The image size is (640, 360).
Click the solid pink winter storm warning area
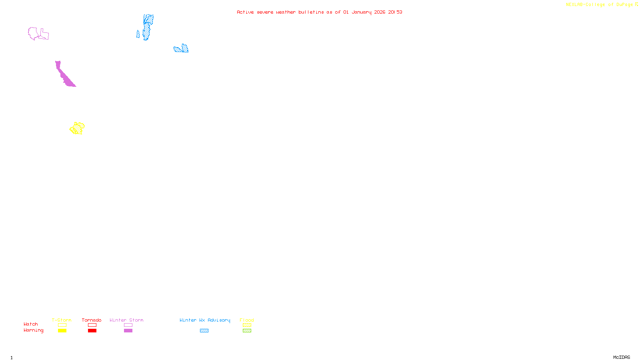64,75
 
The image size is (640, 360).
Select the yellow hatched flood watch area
77,128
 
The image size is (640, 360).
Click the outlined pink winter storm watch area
34,34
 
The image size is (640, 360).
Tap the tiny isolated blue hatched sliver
138,34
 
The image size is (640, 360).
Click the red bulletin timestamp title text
319,12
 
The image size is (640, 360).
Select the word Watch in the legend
31,324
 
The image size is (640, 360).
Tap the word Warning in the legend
33,330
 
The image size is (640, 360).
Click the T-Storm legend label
62,320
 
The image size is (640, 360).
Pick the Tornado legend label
92,320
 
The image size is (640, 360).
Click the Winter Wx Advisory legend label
205,320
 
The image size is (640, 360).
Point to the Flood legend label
247,320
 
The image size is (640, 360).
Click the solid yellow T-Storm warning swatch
62,331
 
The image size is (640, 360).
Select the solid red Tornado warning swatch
92,331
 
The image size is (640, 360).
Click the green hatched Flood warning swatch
247,331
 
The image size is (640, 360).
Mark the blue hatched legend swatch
204,331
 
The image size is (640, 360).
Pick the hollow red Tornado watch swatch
92,325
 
